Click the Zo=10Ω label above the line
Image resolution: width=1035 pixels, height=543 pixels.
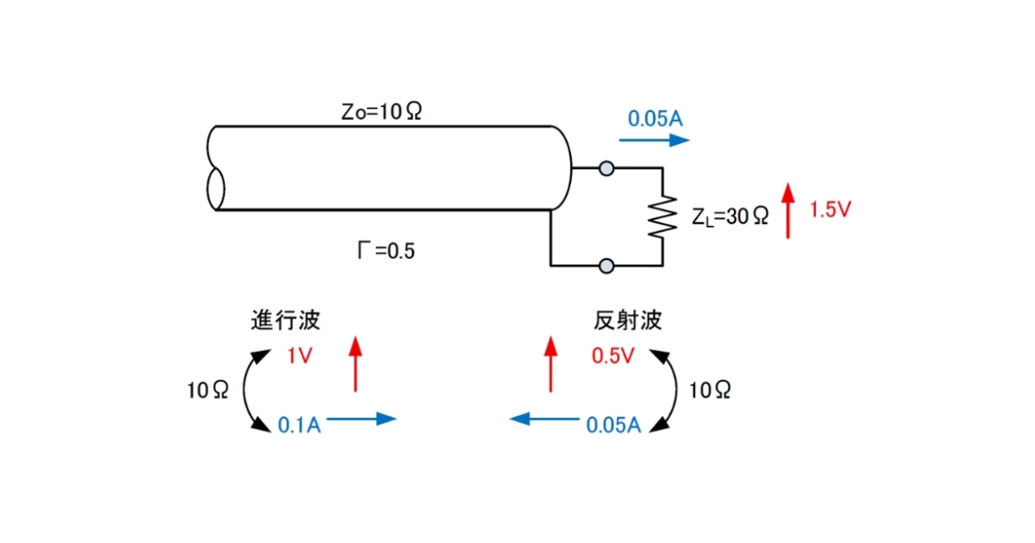click(x=381, y=111)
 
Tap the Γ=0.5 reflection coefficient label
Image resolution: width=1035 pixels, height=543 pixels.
click(x=386, y=251)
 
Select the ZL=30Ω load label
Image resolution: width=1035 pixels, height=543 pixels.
click(x=730, y=216)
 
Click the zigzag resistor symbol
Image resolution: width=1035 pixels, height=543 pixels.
click(x=662, y=216)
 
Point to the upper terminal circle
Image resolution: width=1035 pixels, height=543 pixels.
click(x=606, y=169)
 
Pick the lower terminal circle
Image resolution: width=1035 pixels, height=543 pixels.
click(x=606, y=266)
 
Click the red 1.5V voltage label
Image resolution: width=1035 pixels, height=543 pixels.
click(x=831, y=209)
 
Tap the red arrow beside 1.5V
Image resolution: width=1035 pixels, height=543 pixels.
click(x=788, y=211)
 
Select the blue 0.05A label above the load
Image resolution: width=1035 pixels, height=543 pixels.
click(x=655, y=119)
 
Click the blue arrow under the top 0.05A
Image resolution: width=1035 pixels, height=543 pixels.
click(x=655, y=140)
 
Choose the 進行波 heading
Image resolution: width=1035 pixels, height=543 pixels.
click(x=285, y=320)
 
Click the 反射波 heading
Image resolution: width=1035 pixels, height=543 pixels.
click(x=628, y=320)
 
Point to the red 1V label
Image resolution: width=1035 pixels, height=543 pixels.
click(x=300, y=355)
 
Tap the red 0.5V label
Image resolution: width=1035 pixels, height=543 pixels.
click(x=613, y=355)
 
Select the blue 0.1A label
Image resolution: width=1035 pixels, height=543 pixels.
click(x=299, y=425)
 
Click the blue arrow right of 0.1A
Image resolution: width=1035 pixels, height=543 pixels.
click(x=361, y=419)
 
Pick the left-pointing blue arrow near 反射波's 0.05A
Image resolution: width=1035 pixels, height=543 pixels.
click(x=544, y=419)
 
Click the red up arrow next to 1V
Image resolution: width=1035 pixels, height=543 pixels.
click(x=355, y=365)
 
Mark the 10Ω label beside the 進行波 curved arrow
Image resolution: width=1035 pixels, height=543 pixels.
click(x=208, y=390)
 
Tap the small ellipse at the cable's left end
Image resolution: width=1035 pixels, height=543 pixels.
click(x=216, y=190)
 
